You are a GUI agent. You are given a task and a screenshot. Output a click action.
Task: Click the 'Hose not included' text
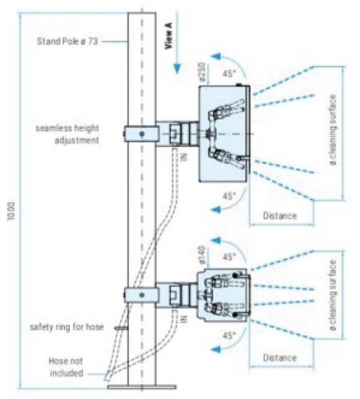coord(66,367)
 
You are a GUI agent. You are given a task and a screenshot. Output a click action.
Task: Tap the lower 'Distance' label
coord(280,357)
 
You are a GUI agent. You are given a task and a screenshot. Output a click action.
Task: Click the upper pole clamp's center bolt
coord(142,134)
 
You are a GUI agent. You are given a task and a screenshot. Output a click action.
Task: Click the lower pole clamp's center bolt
coord(142,296)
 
